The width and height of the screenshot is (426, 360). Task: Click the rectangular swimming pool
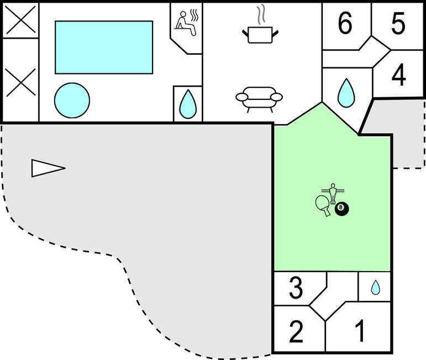[x=104, y=47]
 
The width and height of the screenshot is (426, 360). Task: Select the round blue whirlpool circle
[x=72, y=100]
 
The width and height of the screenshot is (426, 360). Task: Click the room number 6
[x=345, y=23]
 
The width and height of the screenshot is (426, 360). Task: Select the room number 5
[x=398, y=23]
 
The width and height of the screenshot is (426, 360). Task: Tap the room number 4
[x=398, y=75]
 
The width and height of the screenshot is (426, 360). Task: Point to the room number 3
[x=296, y=287]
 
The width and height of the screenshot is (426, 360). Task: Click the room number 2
[x=296, y=331]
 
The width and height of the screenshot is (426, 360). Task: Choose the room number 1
[x=360, y=331]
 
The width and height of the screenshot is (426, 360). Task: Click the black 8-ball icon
[x=342, y=209]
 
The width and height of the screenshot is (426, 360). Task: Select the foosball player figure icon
[x=333, y=193]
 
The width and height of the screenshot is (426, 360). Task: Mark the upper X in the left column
[x=21, y=19]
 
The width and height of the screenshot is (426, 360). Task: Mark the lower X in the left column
[x=21, y=82]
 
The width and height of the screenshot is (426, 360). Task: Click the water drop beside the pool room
[x=188, y=104]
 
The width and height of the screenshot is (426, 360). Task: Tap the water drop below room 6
[x=346, y=93]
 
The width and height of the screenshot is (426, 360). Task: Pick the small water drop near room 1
[x=376, y=287]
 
